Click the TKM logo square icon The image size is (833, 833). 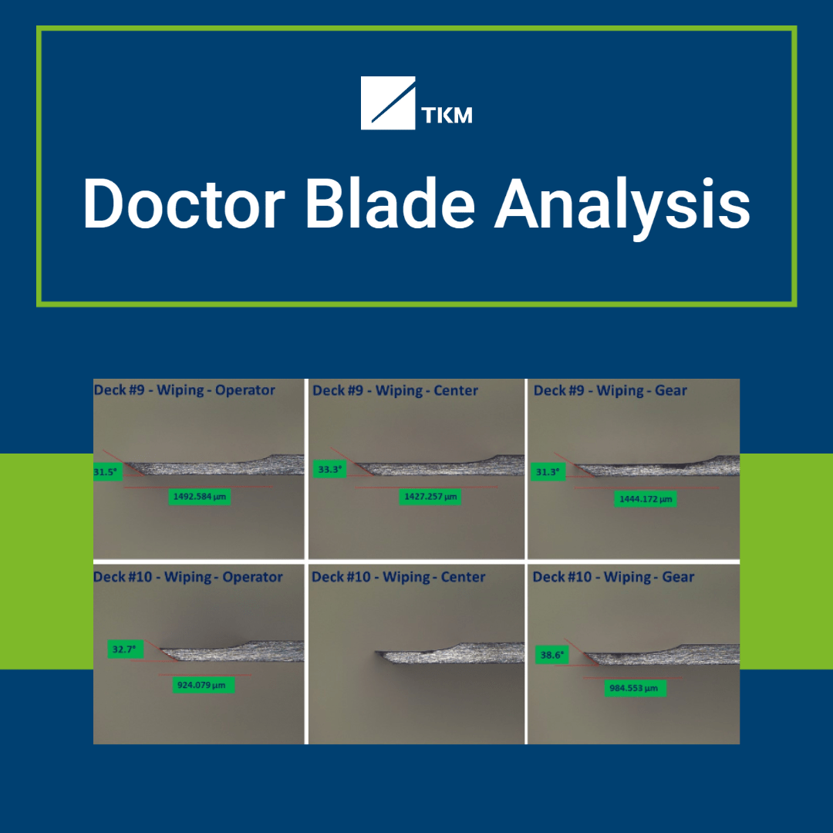coord(388,103)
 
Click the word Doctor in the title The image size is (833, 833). coord(183,204)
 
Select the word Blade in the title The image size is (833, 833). coord(391,204)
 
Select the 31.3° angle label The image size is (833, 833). coord(546,471)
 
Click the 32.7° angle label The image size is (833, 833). coord(123,649)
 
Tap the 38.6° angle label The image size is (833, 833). coord(552,655)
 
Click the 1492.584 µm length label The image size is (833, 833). coord(200,497)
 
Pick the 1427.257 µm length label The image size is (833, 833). coord(430,497)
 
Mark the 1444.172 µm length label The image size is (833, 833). coord(646,499)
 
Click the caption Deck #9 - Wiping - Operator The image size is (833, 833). coord(184,390)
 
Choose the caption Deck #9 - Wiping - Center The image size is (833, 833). coord(395,390)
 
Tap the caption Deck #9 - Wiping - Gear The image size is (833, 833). coord(609,390)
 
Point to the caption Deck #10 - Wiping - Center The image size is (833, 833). coord(398,577)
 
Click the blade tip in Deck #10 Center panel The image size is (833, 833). coord(379,656)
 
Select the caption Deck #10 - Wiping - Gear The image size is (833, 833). coord(613,577)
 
